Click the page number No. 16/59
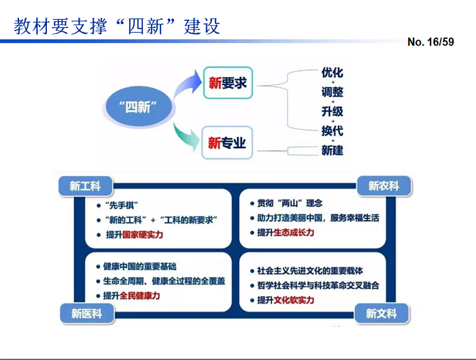tap(430, 42)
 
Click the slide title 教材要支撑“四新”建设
tap(117, 26)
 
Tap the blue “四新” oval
tap(138, 107)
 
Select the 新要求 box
tap(227, 84)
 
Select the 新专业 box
tap(227, 143)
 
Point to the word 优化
tap(333, 73)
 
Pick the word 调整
tap(333, 92)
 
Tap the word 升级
tap(333, 112)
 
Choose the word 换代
tap(333, 131)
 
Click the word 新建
tap(333, 150)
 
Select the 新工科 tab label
tap(85, 186)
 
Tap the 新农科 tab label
tap(384, 186)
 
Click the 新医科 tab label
tap(86, 313)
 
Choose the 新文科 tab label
tap(381, 313)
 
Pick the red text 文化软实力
tap(295, 299)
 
